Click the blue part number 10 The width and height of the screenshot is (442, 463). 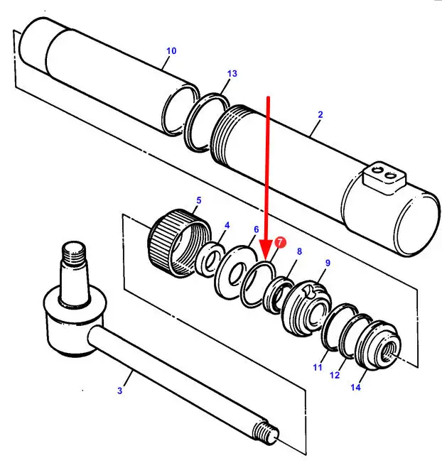point(171,51)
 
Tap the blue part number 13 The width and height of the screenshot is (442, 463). point(232,74)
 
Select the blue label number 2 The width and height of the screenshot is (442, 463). point(320,114)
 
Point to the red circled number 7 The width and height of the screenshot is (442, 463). point(279,243)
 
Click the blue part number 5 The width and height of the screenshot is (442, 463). point(198,200)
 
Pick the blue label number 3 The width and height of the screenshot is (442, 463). point(120,391)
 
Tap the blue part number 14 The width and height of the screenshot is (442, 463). point(355,387)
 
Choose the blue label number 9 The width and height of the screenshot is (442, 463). point(328,263)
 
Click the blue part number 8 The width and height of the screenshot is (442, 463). point(299,251)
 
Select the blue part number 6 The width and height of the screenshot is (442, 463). point(256,229)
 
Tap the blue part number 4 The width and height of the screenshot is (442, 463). point(227,226)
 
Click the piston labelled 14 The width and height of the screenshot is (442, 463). point(379,348)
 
